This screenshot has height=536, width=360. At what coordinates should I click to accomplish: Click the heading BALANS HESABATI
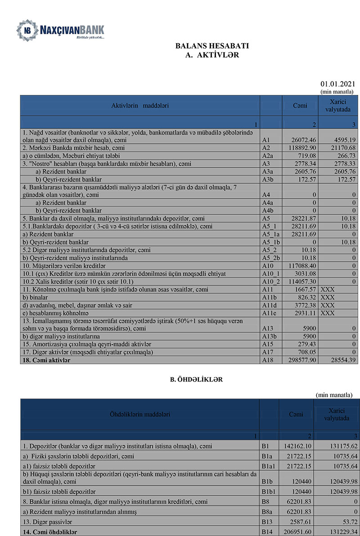point(212,46)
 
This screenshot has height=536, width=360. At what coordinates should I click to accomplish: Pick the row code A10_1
point(270,273)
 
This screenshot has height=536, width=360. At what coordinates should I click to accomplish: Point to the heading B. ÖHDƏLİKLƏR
point(196,380)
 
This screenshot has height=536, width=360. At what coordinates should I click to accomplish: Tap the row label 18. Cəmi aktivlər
point(46,360)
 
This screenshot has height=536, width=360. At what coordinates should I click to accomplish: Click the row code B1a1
point(270,465)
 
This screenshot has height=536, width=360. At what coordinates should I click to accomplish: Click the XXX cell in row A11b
point(328,297)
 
